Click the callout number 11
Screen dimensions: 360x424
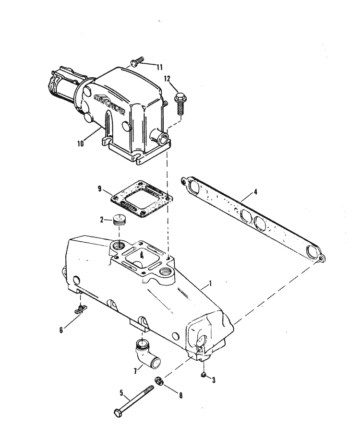[159, 67]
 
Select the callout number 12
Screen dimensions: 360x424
[167, 79]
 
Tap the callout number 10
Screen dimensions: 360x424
[80, 143]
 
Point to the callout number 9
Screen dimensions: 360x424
[100, 189]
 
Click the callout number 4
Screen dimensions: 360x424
[255, 192]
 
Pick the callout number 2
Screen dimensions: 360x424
[101, 220]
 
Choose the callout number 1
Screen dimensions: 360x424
[210, 283]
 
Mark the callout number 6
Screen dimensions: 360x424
[61, 330]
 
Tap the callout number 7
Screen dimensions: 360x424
[135, 371]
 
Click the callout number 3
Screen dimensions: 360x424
[214, 380]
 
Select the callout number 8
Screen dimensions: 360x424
[180, 396]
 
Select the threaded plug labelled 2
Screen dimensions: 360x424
[119, 221]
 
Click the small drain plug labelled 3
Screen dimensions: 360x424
[204, 374]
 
